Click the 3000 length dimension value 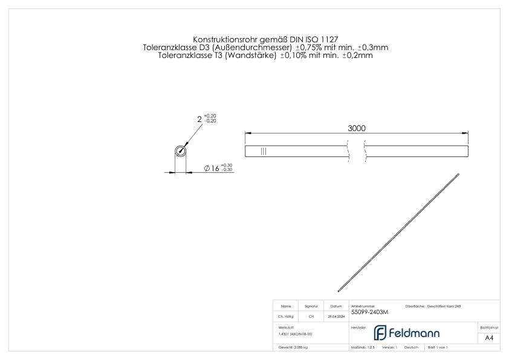pos(357,128)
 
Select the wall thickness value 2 pos(199,119)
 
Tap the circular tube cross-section pos(180,152)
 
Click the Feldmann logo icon pos(381,333)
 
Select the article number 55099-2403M pos(369,312)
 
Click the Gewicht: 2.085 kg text pos(293,348)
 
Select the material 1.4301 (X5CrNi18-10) pos(296,333)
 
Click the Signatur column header pos(311,306)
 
